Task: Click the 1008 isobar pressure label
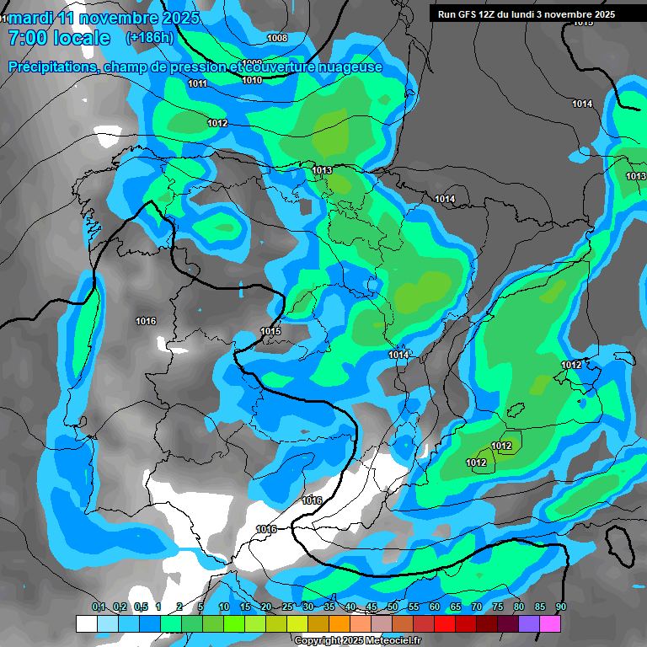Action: click(x=276, y=38)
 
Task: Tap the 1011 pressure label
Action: click(x=198, y=83)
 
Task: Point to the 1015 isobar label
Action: click(x=270, y=331)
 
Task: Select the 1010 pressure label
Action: click(x=251, y=80)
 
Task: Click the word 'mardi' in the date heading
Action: click(x=30, y=18)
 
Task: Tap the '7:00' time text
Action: click(x=25, y=38)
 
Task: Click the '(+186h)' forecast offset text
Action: click(x=150, y=38)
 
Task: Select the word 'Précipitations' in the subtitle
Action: click(x=51, y=67)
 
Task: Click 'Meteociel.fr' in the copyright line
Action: click(x=388, y=640)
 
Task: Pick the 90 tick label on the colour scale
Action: click(x=561, y=607)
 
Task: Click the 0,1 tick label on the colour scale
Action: click(x=98, y=607)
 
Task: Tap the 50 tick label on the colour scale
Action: click(x=393, y=607)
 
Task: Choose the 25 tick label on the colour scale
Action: click(x=287, y=607)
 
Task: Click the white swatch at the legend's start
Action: click(x=86, y=623)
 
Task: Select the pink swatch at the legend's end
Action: click(x=550, y=623)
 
